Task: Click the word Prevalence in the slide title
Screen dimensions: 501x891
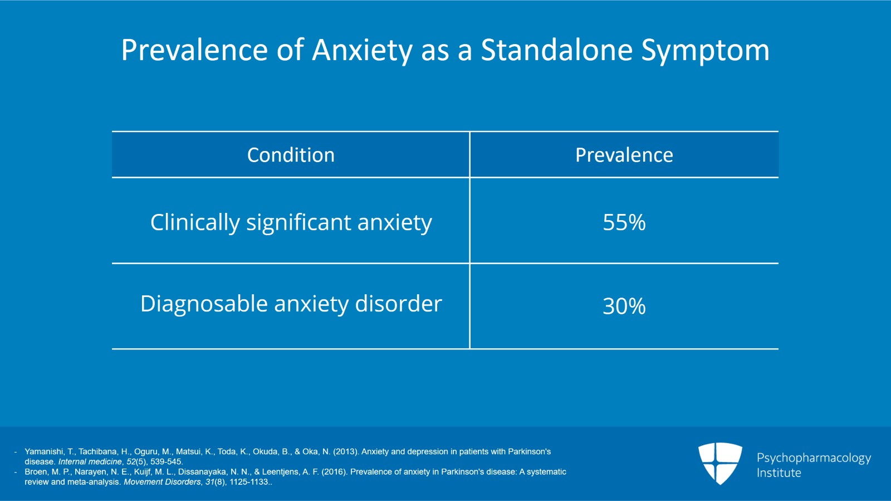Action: pyautogui.click(x=194, y=50)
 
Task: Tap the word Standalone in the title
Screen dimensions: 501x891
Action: pyautogui.click(x=556, y=50)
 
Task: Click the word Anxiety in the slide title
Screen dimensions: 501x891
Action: pyautogui.click(x=363, y=50)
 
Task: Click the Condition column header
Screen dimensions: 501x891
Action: pyautogui.click(x=291, y=155)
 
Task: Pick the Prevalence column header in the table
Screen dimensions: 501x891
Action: pyautogui.click(x=624, y=155)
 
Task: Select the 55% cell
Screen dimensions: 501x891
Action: pyautogui.click(x=624, y=222)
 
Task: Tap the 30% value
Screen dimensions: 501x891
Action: pyautogui.click(x=624, y=306)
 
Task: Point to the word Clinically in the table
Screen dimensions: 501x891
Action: pyautogui.click(x=194, y=222)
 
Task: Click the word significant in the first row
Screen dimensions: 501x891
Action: pyautogui.click(x=298, y=222)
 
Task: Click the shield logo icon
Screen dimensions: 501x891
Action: pyautogui.click(x=720, y=463)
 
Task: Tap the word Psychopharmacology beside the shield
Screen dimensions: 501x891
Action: pyautogui.click(x=814, y=458)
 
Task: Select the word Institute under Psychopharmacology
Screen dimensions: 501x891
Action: pyautogui.click(x=779, y=473)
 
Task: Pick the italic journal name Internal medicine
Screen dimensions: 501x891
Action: pyautogui.click(x=90, y=461)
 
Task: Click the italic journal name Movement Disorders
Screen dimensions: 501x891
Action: pyautogui.click(x=161, y=481)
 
